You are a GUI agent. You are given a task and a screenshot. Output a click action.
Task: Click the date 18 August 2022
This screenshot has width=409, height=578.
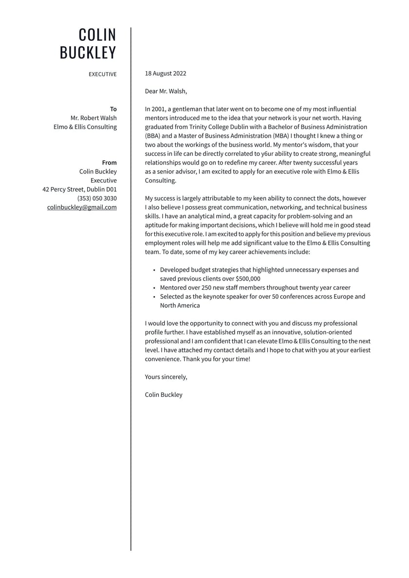pyautogui.click(x=166, y=74)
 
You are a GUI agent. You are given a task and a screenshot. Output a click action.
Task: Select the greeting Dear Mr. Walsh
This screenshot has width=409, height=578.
pyautogui.click(x=166, y=91)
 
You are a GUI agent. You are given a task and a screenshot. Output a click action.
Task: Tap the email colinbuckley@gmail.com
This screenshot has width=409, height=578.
pyautogui.click(x=82, y=207)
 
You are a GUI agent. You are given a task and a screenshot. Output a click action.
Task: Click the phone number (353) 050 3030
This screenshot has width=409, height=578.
pyautogui.click(x=97, y=198)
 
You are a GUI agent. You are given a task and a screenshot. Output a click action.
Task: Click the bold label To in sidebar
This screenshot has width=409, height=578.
pyautogui.click(x=113, y=109)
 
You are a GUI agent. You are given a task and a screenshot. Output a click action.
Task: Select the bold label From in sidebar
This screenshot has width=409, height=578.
pyautogui.click(x=110, y=163)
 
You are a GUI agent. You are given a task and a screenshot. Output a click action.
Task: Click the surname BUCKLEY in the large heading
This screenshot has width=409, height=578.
pyautogui.click(x=88, y=53)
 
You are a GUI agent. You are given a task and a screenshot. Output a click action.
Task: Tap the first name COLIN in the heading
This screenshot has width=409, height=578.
pyautogui.click(x=97, y=35)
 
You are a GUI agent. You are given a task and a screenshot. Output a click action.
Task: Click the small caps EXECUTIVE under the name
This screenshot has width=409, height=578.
pyautogui.click(x=103, y=75)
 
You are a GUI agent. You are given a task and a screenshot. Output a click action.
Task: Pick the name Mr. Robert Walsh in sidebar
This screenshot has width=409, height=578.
pyautogui.click(x=93, y=118)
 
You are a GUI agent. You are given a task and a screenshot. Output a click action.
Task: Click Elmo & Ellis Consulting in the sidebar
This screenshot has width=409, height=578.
pyautogui.click(x=85, y=127)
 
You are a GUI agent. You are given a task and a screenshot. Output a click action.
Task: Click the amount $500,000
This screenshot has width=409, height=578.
pyautogui.click(x=248, y=279)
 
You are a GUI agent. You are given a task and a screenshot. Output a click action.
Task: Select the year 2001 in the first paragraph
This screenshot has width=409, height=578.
pyautogui.click(x=159, y=109)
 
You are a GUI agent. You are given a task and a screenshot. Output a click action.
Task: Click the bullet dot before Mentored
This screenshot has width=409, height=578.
pyautogui.click(x=154, y=288)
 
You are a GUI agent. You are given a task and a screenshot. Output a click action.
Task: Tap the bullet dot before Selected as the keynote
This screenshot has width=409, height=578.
pyautogui.click(x=154, y=297)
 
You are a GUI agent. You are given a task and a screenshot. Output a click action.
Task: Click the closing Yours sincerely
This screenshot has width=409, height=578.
pyautogui.click(x=166, y=377)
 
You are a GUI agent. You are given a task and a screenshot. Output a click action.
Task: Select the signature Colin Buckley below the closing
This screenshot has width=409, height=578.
pyautogui.click(x=164, y=395)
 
